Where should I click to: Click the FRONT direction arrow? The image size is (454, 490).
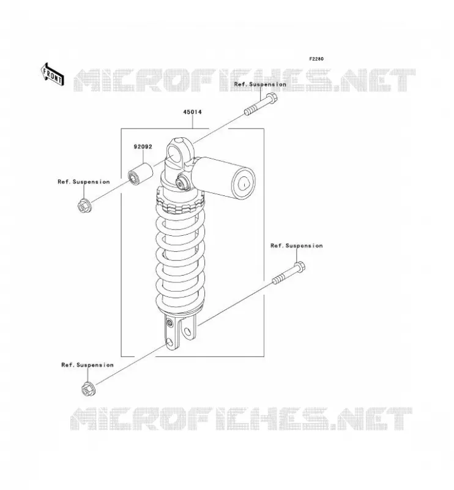coord(53,74)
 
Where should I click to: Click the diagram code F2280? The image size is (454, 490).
coord(316,59)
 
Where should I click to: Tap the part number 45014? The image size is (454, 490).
coord(192,112)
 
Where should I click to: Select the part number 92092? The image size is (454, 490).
coord(143,146)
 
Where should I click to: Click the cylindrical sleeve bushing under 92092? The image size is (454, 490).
coord(141,173)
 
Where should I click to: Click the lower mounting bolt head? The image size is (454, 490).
coord(299,267)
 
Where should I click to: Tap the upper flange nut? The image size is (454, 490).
coord(84,206)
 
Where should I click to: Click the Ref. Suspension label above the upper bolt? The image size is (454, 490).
coord(260,85)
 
